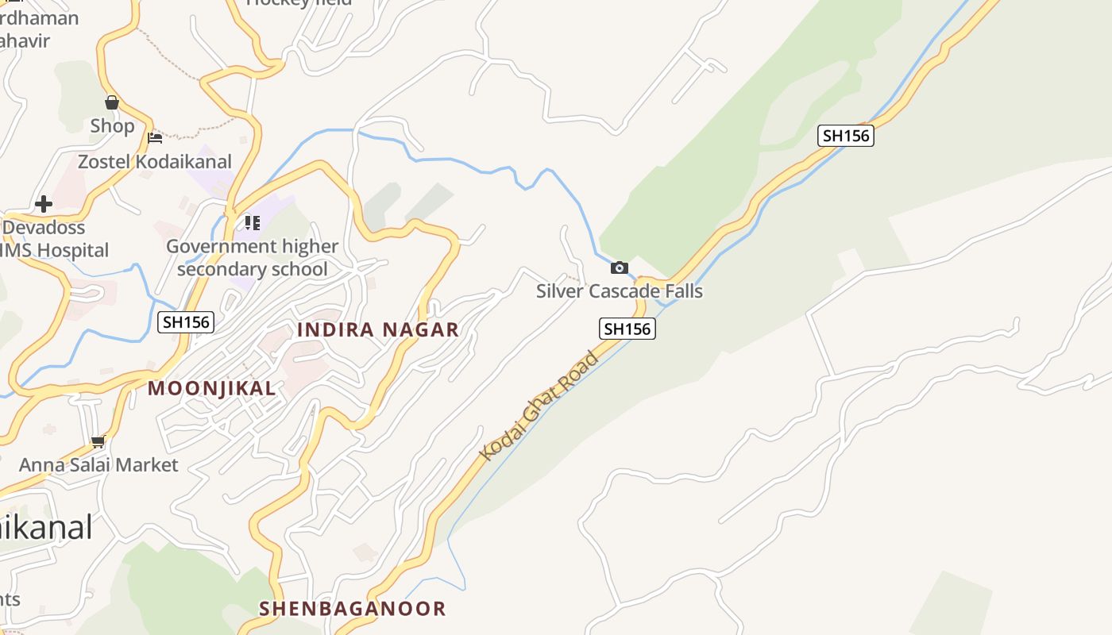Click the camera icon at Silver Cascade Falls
620,267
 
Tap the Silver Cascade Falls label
620,291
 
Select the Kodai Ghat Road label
539,406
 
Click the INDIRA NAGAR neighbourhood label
378,329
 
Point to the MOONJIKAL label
212,388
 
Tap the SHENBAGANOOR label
353,609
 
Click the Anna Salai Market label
98,464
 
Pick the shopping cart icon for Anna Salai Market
98,441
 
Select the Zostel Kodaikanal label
155,161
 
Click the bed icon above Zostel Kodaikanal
155,138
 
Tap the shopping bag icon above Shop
112,102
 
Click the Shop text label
112,125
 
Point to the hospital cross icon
44,204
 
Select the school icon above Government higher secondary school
252,223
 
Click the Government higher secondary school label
252,257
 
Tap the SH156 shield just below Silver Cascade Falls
627,329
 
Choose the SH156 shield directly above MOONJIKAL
186,322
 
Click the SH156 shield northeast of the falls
846,136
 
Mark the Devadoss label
44,227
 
